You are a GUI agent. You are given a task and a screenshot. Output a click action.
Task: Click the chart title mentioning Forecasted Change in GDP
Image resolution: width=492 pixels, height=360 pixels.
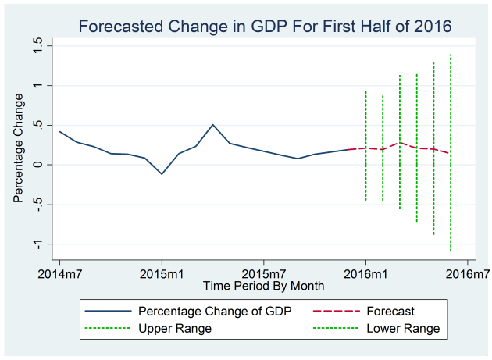pyautogui.click(x=264, y=27)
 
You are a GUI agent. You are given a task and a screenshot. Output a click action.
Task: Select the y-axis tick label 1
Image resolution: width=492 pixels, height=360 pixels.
pyautogui.click(x=37, y=85)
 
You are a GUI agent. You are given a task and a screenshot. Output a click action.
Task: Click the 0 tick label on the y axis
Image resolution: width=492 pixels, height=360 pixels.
pyautogui.click(x=37, y=165)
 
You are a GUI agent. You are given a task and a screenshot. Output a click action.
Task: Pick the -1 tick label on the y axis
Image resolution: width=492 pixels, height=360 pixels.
pyautogui.click(x=37, y=244)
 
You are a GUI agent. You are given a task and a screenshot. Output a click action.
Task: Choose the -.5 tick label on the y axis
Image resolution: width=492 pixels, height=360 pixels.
pyautogui.click(x=37, y=205)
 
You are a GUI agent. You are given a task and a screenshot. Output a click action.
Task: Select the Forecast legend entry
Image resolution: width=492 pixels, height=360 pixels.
pyautogui.click(x=390, y=312)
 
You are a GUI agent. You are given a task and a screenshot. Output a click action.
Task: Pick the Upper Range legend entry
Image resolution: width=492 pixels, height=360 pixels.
pyautogui.click(x=174, y=329)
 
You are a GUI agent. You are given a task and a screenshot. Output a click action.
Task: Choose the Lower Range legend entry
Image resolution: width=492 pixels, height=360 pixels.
pyautogui.click(x=403, y=329)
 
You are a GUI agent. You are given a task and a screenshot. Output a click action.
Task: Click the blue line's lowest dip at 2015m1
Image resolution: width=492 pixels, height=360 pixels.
pyautogui.click(x=162, y=174)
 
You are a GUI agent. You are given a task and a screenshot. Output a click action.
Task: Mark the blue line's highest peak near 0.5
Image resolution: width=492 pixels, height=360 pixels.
pyautogui.click(x=212, y=124)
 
